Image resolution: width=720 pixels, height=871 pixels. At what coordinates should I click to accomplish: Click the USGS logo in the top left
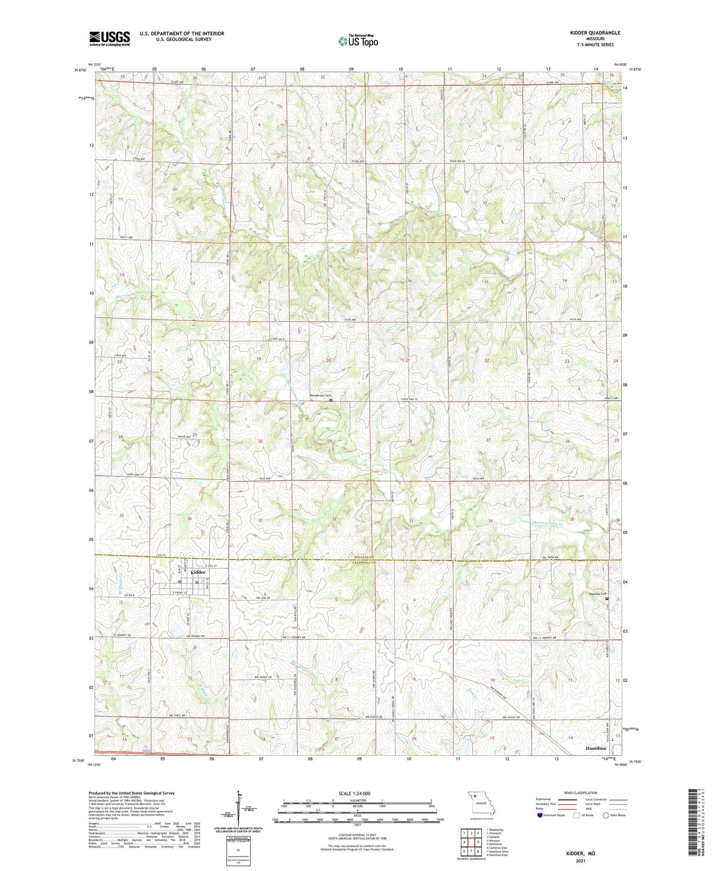110,38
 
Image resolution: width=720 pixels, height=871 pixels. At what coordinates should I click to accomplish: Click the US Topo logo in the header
357,41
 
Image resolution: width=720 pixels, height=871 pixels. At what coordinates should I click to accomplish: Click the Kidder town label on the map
197,572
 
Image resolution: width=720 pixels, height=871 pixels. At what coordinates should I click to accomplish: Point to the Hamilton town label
596,748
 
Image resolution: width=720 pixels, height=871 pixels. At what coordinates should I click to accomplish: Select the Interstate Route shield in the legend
540,815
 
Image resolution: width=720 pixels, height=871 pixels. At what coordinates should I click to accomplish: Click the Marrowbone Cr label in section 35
547,524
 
